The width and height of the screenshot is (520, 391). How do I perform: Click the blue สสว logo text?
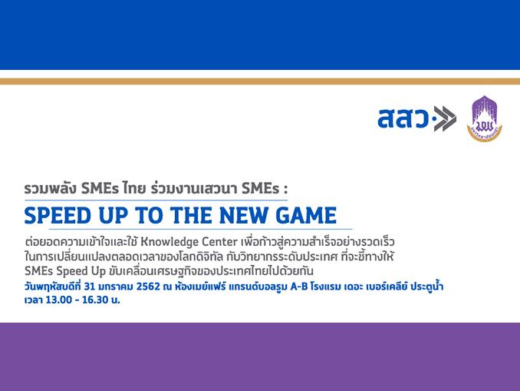pos(403,118)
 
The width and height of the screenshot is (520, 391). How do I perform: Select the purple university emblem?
pos(485,118)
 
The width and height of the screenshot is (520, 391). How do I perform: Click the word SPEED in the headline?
pos(57,216)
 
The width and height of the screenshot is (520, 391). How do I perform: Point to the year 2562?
pos(148,287)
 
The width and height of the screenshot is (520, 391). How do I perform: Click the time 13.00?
pos(59,300)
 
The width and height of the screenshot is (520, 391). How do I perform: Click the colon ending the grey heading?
pos(285,190)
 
